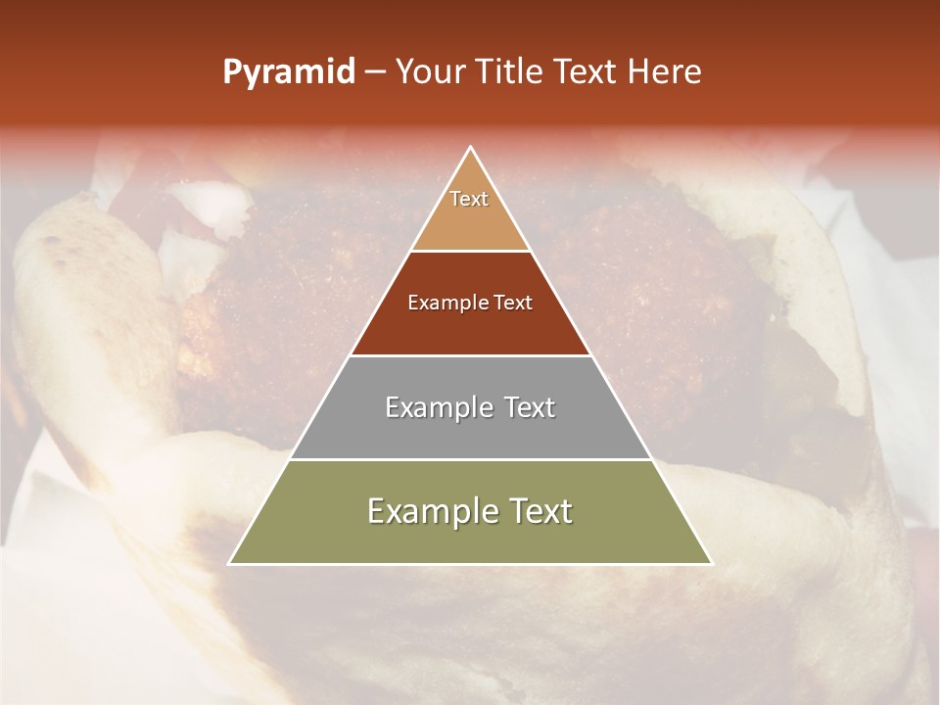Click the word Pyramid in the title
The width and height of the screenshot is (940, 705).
[289, 72]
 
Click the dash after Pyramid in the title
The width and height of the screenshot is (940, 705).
[374, 72]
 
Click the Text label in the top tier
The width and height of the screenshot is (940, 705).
[469, 199]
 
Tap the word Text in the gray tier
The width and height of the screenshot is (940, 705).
[529, 407]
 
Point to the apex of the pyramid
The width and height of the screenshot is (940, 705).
[470, 148]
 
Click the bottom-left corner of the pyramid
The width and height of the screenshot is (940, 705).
[230, 563]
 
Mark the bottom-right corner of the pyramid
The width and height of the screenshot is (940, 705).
[711, 563]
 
